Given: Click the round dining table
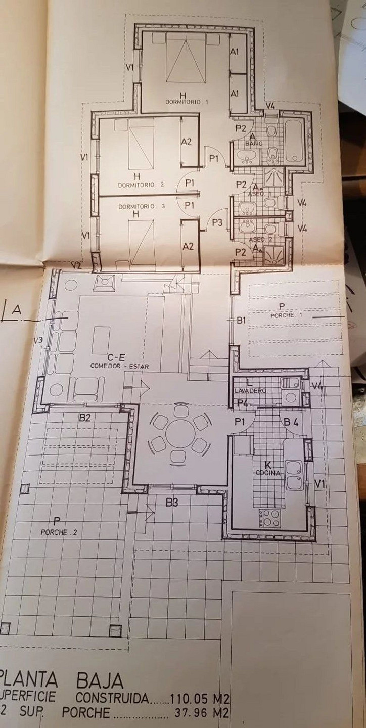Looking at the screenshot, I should click(x=180, y=433).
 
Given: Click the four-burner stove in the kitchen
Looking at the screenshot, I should click(x=269, y=517).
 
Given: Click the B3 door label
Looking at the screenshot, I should click(x=172, y=502).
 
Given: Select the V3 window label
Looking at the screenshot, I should click(x=38, y=340).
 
